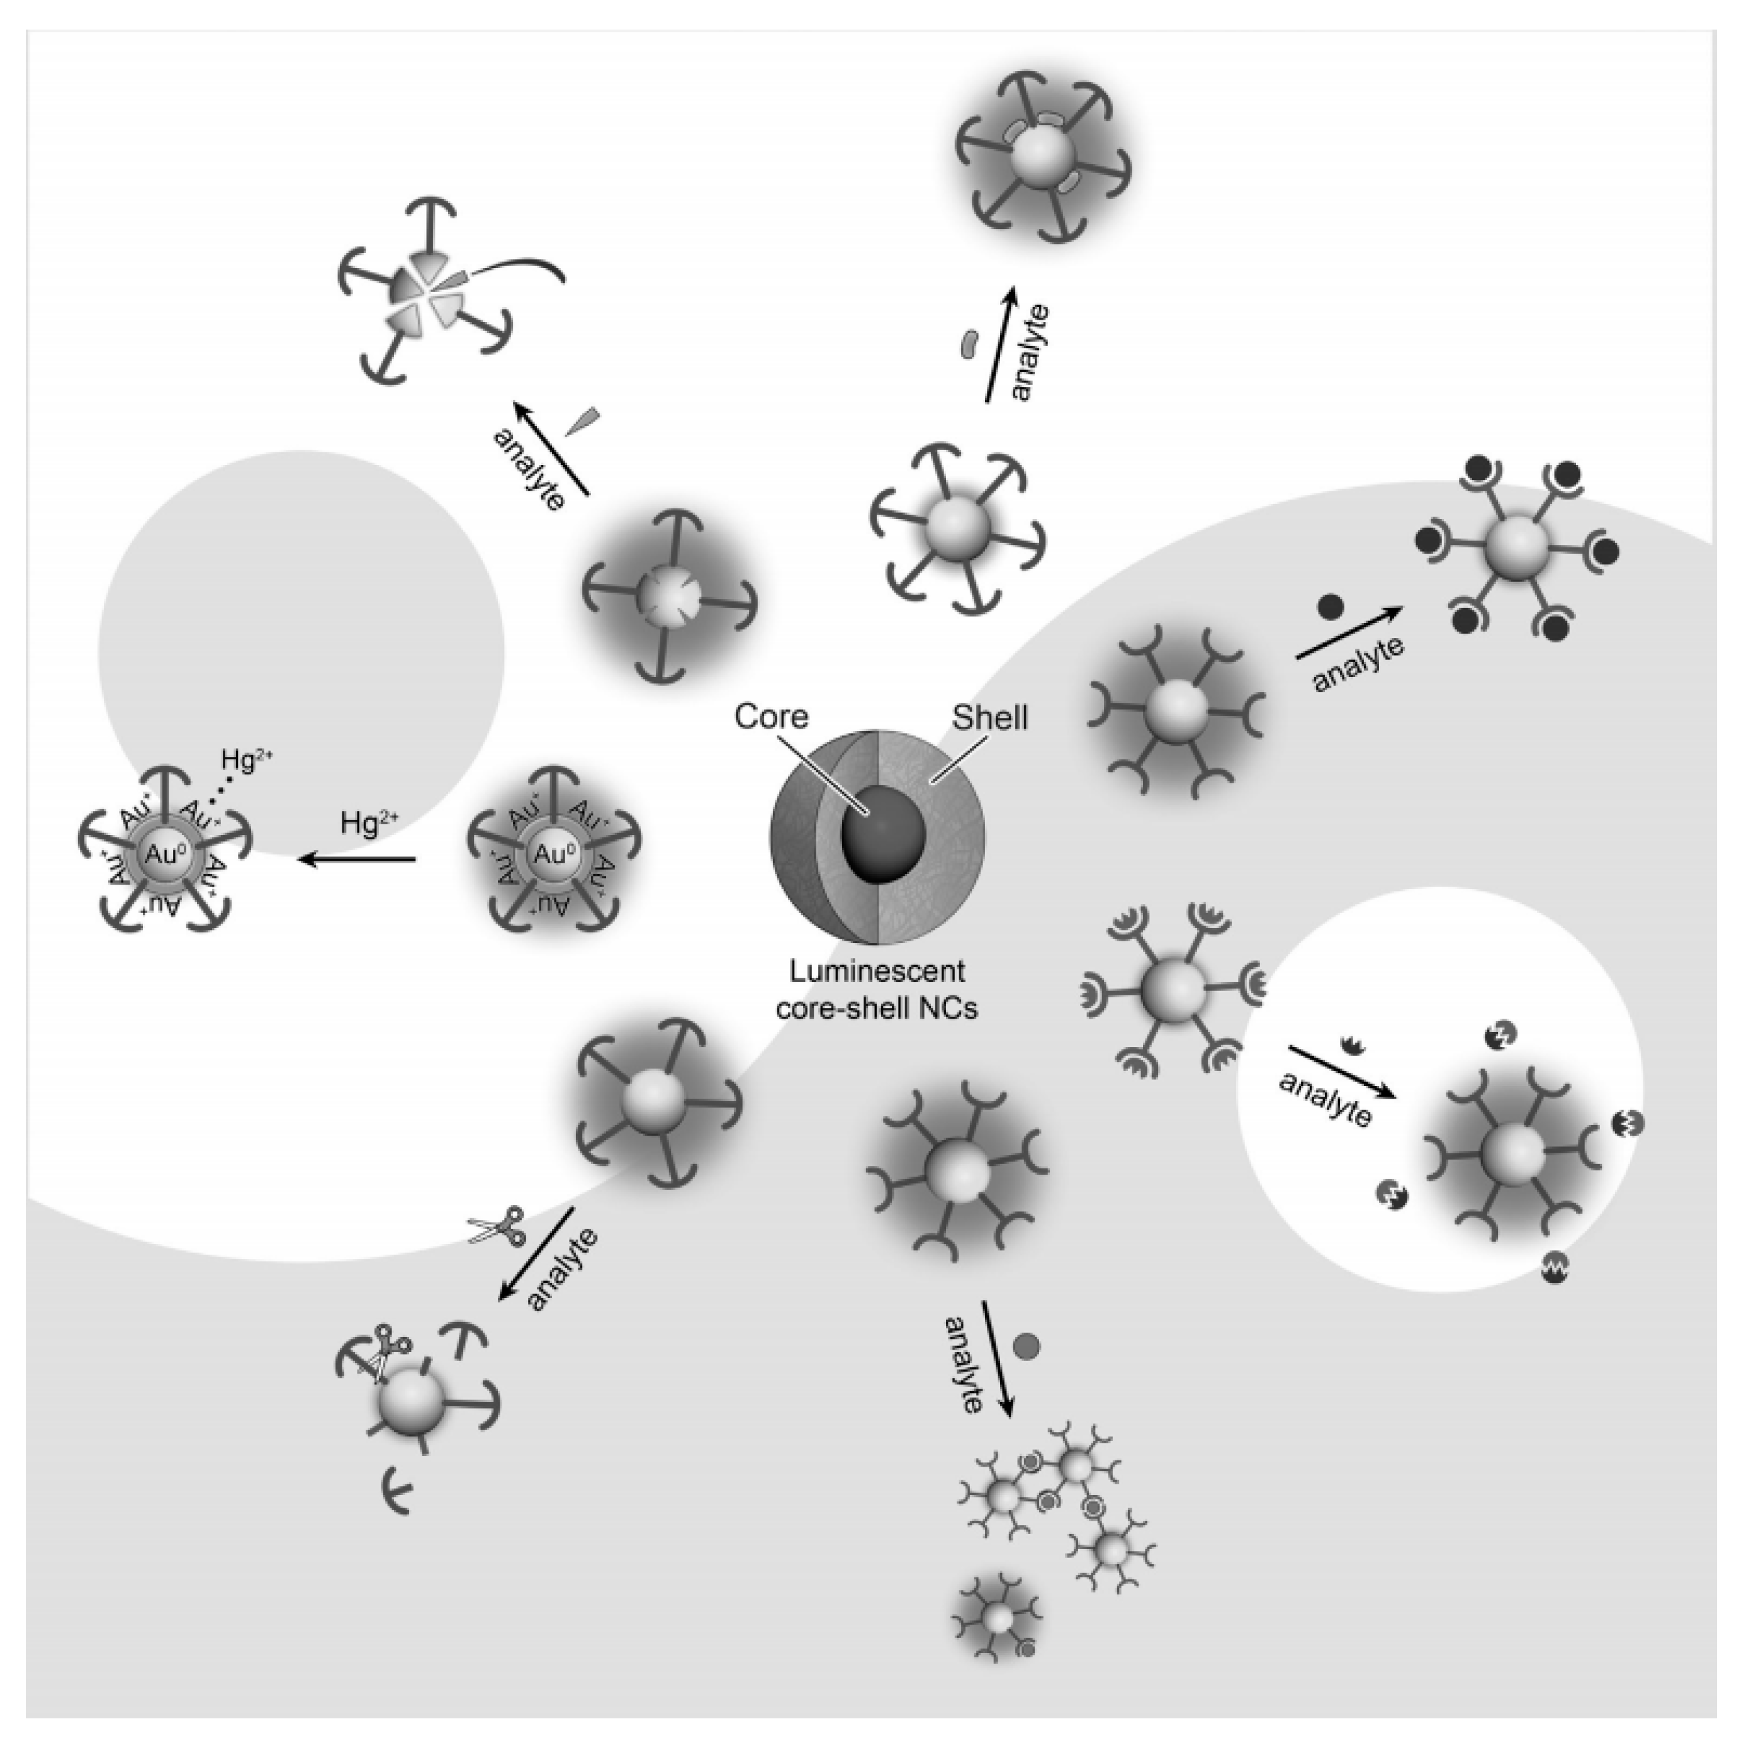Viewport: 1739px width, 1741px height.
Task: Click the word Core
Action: pos(771,717)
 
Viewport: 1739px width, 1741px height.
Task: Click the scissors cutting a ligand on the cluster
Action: pos(388,1353)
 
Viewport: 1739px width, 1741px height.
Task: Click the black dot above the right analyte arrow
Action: pos(1331,607)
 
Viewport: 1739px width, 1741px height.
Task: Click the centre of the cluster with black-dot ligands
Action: pos(1517,549)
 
